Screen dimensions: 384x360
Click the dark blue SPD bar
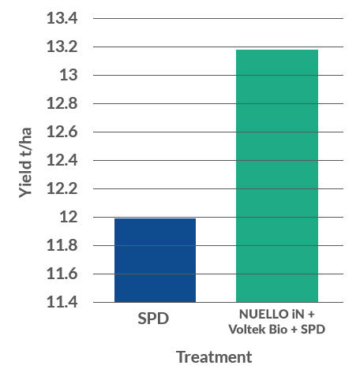[x=155, y=260]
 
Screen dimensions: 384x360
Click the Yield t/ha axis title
[x=26, y=160]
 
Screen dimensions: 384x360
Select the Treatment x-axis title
[x=214, y=357]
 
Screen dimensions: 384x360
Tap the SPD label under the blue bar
[x=155, y=319]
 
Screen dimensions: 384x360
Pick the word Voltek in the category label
[x=253, y=328]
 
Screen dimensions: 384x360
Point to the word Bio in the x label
[x=287, y=328]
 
